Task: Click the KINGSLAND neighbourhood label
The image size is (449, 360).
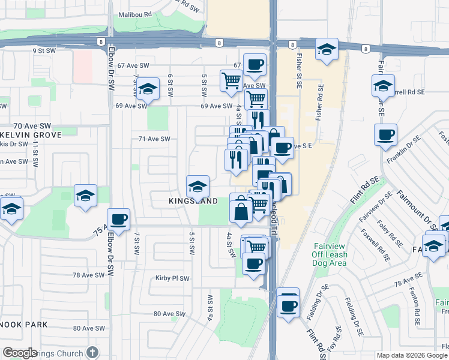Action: (193, 202)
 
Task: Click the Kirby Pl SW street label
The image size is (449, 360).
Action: (172, 278)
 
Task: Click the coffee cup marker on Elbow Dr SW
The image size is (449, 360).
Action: (119, 220)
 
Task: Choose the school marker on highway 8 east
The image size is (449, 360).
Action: (326, 50)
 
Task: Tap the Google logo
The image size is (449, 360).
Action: (20, 353)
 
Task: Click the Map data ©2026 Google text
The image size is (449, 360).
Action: (412, 355)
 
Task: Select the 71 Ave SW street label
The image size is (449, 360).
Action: (154, 139)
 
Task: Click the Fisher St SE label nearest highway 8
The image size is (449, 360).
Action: (298, 71)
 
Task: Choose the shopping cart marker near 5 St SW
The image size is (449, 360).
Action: (231, 80)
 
